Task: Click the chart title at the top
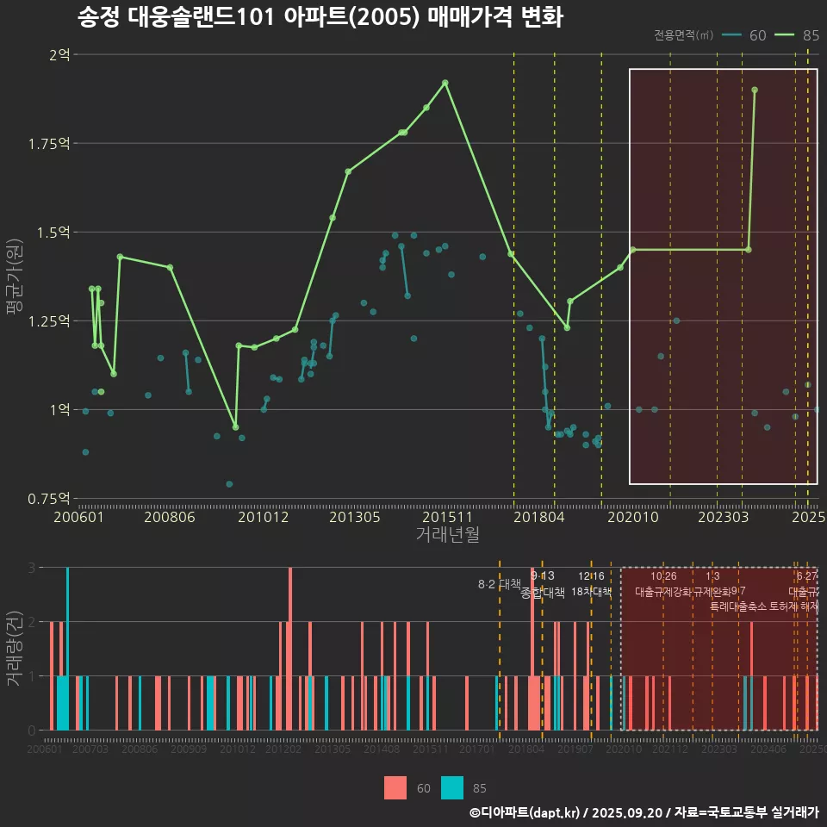pos(320,17)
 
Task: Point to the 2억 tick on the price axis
pos(59,54)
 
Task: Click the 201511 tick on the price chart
pos(446,517)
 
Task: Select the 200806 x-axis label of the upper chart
pos(169,517)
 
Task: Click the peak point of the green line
pos(445,83)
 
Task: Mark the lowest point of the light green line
pos(235,427)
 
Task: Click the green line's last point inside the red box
pos(755,90)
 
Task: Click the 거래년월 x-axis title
pos(447,534)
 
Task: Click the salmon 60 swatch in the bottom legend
pos(395,787)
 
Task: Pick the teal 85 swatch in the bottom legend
pos(452,787)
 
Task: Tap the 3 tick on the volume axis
pos(31,568)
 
